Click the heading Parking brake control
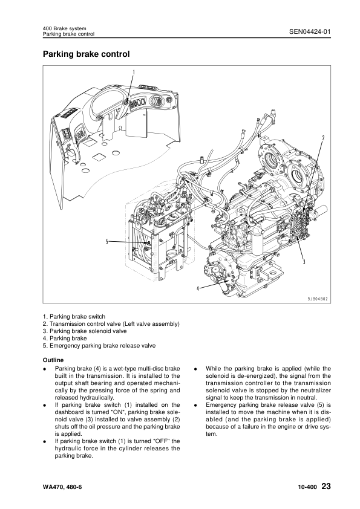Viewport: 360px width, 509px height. click(x=86, y=54)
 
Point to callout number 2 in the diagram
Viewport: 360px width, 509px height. click(x=323, y=138)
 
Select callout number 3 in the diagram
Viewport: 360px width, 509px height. click(x=303, y=261)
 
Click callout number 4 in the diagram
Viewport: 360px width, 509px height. click(x=198, y=289)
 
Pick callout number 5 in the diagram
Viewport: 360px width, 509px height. click(x=107, y=242)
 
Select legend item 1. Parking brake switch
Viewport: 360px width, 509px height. click(x=74, y=317)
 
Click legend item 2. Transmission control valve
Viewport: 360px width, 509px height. click(x=111, y=324)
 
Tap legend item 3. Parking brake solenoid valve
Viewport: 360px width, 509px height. click(x=85, y=331)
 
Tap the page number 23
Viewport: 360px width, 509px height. click(x=326, y=487)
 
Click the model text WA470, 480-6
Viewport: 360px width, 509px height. click(x=65, y=487)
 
